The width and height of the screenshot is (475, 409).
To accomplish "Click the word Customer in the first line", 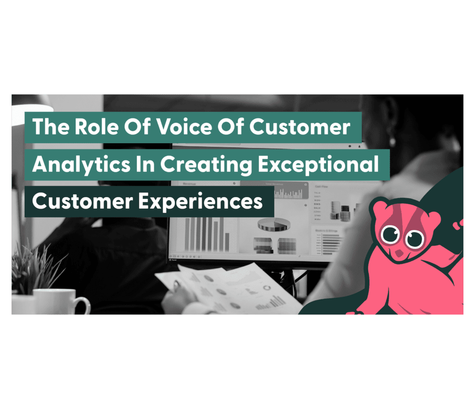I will point(300,127).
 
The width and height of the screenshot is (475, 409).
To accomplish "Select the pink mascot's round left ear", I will point(379,208).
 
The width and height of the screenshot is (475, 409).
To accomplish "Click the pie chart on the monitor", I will point(272,225).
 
